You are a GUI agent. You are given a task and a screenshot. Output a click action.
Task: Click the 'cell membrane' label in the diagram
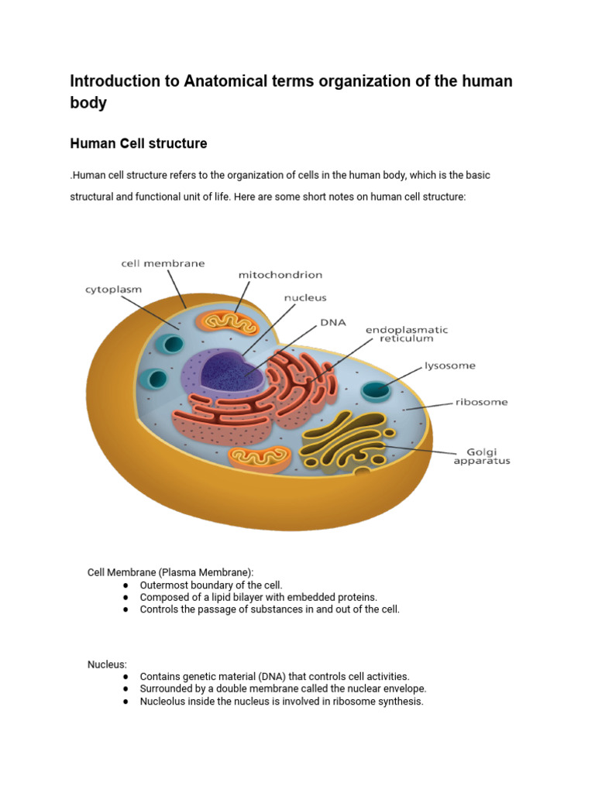pyautogui.click(x=163, y=263)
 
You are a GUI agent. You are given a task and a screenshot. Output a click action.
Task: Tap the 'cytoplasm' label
pyautogui.click(x=113, y=290)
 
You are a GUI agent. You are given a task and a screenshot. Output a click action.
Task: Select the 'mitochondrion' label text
pyautogui.click(x=280, y=274)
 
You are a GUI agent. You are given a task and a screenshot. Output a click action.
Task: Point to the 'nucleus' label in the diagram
pyautogui.click(x=305, y=297)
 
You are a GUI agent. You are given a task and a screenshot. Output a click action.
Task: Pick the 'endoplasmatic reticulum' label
pyautogui.click(x=407, y=334)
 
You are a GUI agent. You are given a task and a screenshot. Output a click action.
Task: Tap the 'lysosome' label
pyautogui.click(x=449, y=366)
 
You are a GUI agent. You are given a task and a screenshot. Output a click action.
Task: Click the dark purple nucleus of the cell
pyautogui.click(x=232, y=372)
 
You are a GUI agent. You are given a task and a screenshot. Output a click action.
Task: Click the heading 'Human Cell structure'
pyautogui.click(x=139, y=144)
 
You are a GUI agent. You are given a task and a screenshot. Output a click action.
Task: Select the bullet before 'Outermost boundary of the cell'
pyautogui.click(x=126, y=585)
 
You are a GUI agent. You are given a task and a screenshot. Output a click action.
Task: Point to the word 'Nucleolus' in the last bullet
pyautogui.click(x=163, y=702)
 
